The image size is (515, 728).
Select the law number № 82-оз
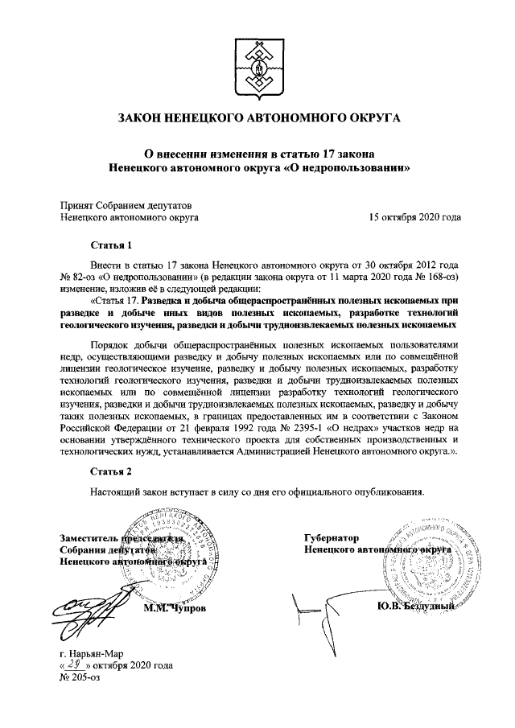79,275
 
